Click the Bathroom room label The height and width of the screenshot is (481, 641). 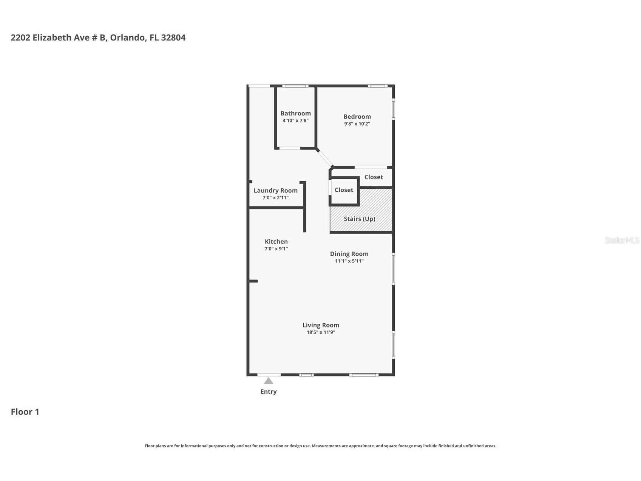pyautogui.click(x=295, y=113)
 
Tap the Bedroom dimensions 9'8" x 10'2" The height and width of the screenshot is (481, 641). pyautogui.click(x=357, y=124)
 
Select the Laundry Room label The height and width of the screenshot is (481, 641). pyautogui.click(x=275, y=191)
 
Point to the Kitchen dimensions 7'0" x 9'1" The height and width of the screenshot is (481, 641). pyautogui.click(x=276, y=249)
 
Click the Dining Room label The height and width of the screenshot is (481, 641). pyautogui.click(x=349, y=254)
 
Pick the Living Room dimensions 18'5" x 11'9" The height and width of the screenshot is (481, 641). pyautogui.click(x=321, y=332)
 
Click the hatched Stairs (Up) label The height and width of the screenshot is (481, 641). pyautogui.click(x=359, y=219)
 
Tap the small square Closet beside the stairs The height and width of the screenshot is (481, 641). pyautogui.click(x=344, y=190)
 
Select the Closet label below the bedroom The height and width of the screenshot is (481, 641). pyautogui.click(x=374, y=177)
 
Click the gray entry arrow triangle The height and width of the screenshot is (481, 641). pyautogui.click(x=269, y=381)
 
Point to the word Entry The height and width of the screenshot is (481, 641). pyautogui.click(x=269, y=392)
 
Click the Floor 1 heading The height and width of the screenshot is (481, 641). pyautogui.click(x=25, y=412)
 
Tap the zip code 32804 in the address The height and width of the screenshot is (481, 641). pyautogui.click(x=173, y=38)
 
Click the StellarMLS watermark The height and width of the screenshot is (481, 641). pyautogui.click(x=622, y=240)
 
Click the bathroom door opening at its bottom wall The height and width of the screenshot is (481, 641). pyautogui.click(x=290, y=148)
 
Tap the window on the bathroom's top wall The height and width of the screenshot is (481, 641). pyautogui.click(x=295, y=86)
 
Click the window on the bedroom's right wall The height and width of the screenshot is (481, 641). pyautogui.click(x=393, y=109)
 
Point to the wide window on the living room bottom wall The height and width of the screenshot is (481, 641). pyautogui.click(x=364, y=375)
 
